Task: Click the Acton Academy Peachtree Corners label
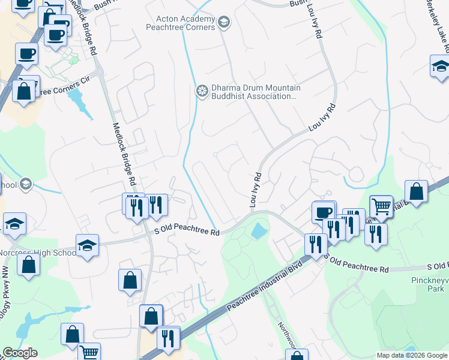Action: pos(181,23)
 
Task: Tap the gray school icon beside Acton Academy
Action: pos(224,23)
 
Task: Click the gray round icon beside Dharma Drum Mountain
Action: pos(202,91)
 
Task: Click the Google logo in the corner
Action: pos(20,353)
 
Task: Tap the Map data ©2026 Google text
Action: pos(411,355)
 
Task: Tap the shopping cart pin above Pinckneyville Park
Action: pos(381,206)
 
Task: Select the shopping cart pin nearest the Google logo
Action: pos(89,353)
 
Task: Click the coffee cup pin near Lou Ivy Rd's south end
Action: pos(323,212)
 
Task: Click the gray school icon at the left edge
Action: pos(25,183)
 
